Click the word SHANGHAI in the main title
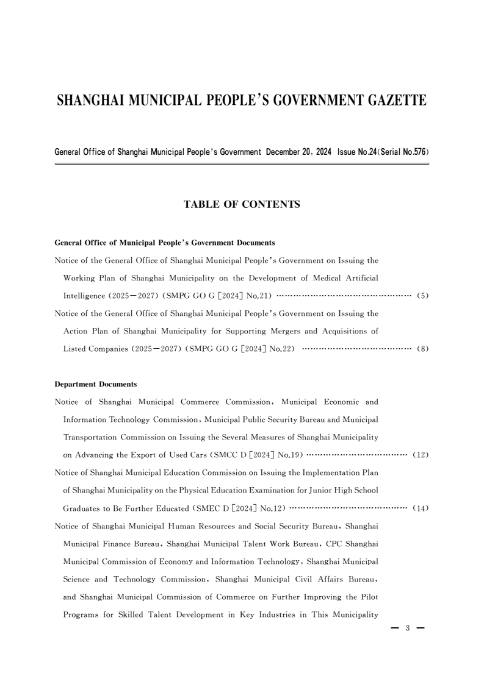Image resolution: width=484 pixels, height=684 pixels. [92, 101]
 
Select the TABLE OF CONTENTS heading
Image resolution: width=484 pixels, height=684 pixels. [242, 205]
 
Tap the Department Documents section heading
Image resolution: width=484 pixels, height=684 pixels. [96, 385]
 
